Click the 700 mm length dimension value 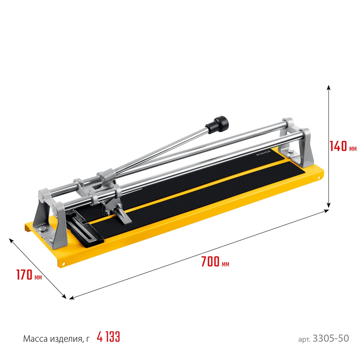210,262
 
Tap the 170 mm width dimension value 24,275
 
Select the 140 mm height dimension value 339,146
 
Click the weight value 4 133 108,337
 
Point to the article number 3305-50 331,338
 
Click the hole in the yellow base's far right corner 318,177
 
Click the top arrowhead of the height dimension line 328,87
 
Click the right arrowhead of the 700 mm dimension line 328,211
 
